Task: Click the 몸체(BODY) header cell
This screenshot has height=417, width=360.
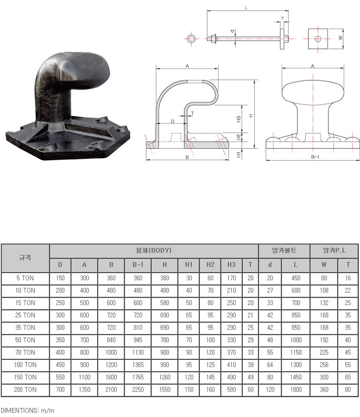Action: (154, 250)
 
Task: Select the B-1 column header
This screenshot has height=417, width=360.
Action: (138, 265)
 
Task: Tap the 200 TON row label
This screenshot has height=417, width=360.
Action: (25, 389)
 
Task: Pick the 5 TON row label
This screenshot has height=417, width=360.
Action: (25, 278)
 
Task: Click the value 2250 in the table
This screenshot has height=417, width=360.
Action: (138, 389)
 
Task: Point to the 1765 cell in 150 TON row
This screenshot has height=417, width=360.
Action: (138, 377)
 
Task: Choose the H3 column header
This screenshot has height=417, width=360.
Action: (231, 265)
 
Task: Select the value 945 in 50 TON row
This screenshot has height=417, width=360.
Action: (138, 340)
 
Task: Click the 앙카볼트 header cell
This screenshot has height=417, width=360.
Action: (284, 250)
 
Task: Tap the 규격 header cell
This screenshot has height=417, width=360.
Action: (25, 258)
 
